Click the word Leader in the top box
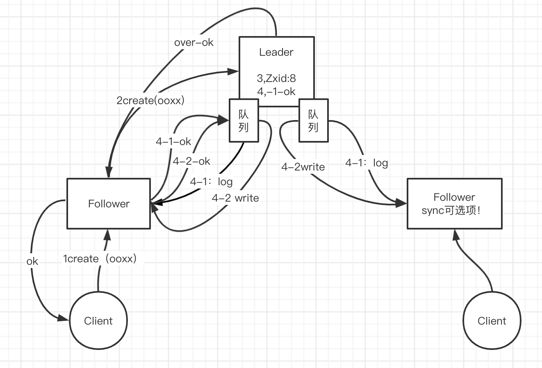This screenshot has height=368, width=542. [276, 52]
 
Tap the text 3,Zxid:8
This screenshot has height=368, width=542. [276, 78]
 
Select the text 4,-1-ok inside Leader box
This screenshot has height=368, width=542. [276, 91]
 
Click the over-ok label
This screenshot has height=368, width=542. [194, 43]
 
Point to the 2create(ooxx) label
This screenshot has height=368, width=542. [150, 100]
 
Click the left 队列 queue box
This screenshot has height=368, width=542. [244, 120]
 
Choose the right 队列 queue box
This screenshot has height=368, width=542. [313, 120]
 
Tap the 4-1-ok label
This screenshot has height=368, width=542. [173, 142]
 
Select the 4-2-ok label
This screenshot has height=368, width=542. [191, 161]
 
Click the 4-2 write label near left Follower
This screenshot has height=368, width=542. [235, 198]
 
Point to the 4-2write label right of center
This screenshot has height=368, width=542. [303, 167]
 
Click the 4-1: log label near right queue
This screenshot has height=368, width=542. [367, 163]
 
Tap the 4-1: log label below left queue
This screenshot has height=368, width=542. [211, 182]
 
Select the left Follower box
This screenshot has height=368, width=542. [109, 204]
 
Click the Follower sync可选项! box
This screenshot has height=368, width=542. [454, 204]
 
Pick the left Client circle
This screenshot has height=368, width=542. [98, 321]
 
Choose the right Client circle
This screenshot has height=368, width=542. [492, 321]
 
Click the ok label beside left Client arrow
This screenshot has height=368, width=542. [32, 261]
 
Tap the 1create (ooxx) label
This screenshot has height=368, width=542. [100, 259]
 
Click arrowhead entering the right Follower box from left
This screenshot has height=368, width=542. [402, 203]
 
